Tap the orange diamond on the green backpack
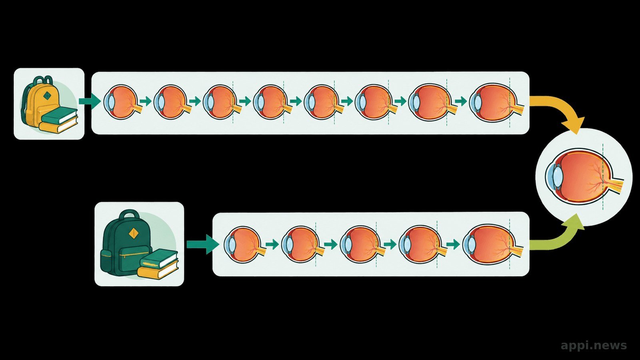tap(134, 234)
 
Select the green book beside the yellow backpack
tap(60, 116)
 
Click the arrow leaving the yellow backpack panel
tap(90, 101)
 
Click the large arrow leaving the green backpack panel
tap(203, 244)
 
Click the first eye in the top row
tap(123, 102)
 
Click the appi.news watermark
tap(594, 346)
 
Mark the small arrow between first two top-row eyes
tap(146, 101)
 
